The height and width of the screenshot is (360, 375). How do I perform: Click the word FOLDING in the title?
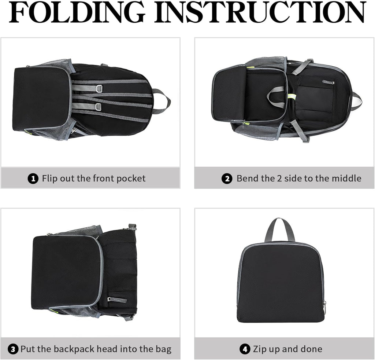pyautogui.click(x=77, y=12)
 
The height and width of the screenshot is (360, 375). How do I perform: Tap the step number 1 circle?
pyautogui.click(x=33, y=179)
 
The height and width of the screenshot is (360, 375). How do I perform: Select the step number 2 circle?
pyautogui.click(x=227, y=179)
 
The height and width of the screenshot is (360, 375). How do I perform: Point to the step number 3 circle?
pyautogui.click(x=13, y=349)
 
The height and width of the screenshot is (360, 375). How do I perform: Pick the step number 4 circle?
pyautogui.click(x=245, y=349)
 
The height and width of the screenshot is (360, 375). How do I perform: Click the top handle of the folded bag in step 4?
pyautogui.click(x=279, y=230)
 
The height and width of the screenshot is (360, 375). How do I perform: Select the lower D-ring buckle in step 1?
pyautogui.click(x=99, y=107)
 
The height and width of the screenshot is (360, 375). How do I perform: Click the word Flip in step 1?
pyautogui.click(x=49, y=179)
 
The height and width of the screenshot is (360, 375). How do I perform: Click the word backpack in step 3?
pyautogui.click(x=74, y=349)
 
